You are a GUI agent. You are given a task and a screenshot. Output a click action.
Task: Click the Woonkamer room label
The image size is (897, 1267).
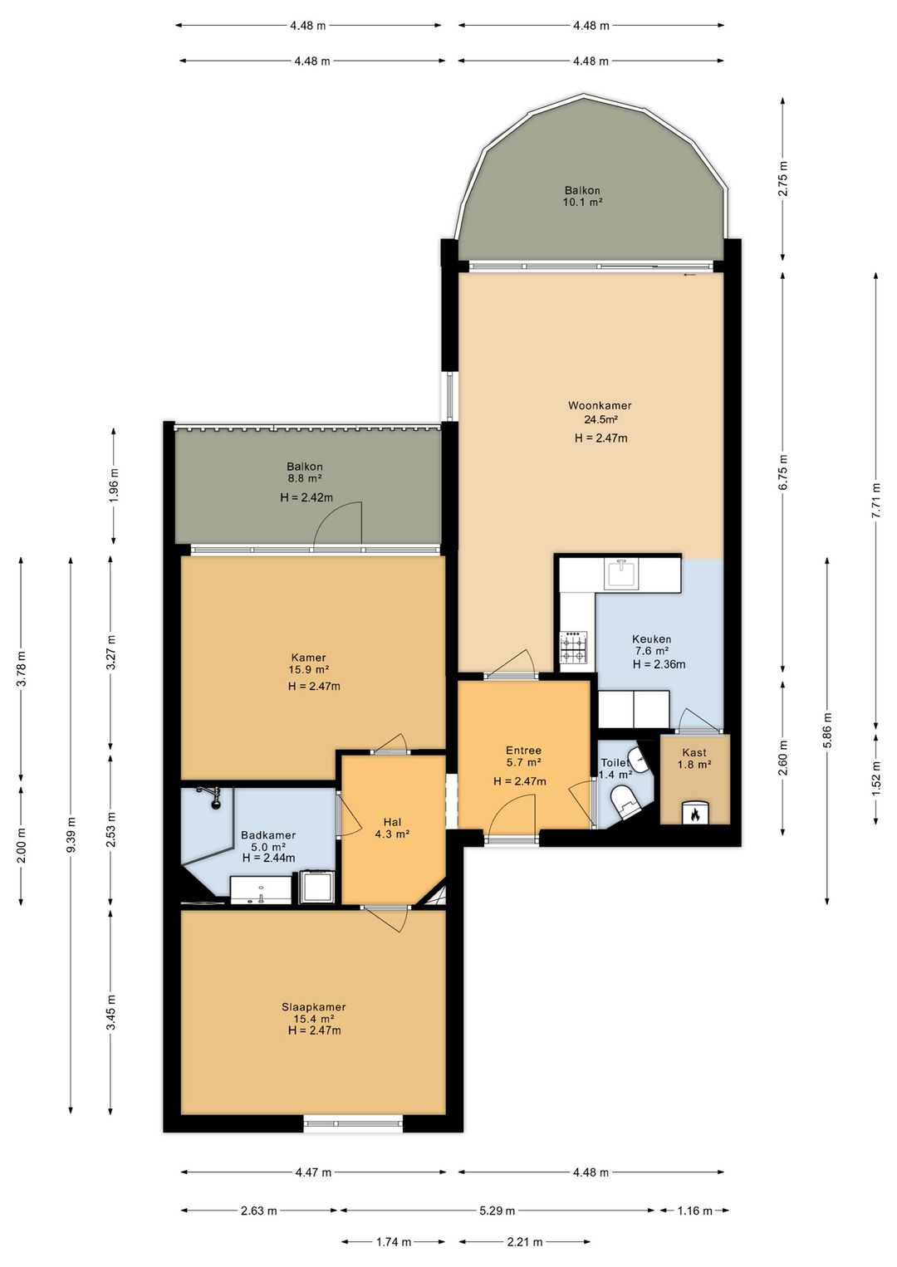(x=600, y=405)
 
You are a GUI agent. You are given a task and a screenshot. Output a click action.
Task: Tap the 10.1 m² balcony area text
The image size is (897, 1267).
(x=581, y=202)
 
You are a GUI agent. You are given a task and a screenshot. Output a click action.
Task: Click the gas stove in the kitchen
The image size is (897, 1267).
(x=573, y=647)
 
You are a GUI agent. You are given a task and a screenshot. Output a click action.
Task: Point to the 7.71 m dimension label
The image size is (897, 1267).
(x=875, y=500)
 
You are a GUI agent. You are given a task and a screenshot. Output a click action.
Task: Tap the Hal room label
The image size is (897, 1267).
(x=392, y=822)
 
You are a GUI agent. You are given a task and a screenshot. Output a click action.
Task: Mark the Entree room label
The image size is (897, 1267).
(x=523, y=750)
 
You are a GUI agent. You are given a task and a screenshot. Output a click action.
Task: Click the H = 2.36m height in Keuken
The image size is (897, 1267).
(x=659, y=664)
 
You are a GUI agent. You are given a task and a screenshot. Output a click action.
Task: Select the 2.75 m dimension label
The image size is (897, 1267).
(x=782, y=179)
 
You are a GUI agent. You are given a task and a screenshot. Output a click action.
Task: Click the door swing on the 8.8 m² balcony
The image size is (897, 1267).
(x=338, y=523)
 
